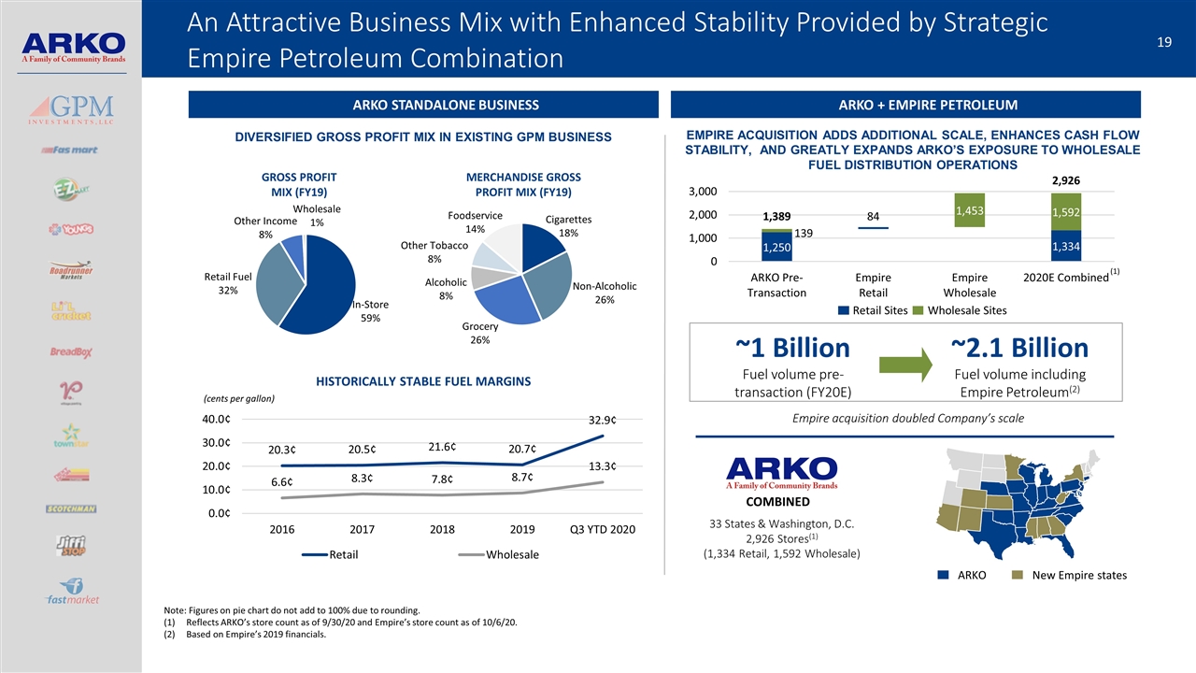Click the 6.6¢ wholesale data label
click(x=281, y=482)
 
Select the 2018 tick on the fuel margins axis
click(x=442, y=530)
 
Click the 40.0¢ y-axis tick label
click(x=223, y=420)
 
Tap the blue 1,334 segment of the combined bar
click(x=1066, y=245)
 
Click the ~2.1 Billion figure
click(x=1019, y=349)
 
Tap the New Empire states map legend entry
click(x=1071, y=575)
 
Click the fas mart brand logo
click(x=70, y=150)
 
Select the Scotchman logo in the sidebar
click(x=71, y=508)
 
